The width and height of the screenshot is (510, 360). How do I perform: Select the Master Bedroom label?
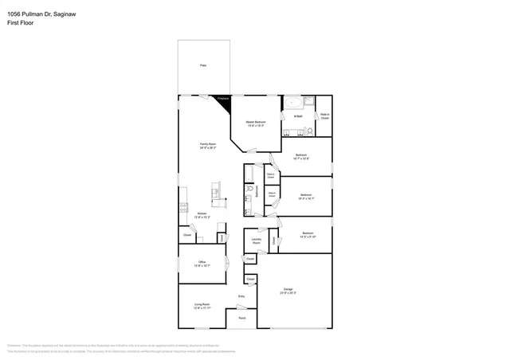tap(256, 123)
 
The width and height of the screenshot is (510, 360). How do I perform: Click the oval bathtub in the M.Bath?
tap(292, 103)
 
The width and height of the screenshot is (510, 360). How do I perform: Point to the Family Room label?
tap(208, 145)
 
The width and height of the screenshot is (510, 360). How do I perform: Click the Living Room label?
tap(202, 305)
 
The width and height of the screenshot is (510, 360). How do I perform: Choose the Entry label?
tap(241, 297)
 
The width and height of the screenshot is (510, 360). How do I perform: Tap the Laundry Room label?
tap(257, 241)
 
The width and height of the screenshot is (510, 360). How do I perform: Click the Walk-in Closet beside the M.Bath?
tap(324, 116)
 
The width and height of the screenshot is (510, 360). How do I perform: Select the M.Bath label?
tap(298, 116)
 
